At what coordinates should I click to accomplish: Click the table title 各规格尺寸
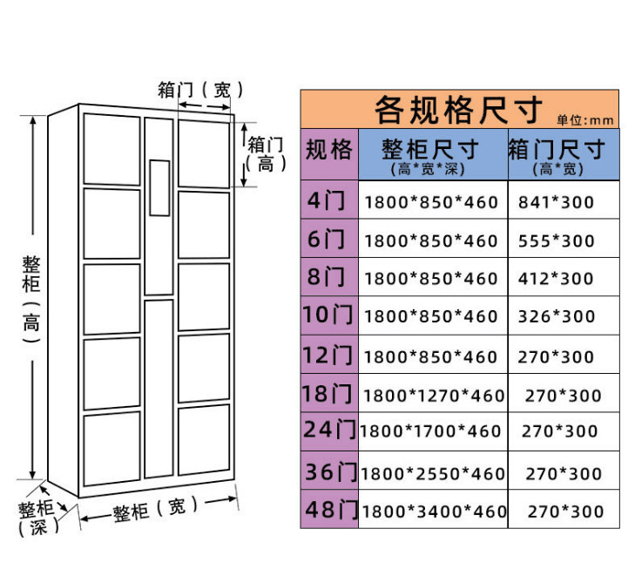[458, 110]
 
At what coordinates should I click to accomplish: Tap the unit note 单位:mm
[585, 120]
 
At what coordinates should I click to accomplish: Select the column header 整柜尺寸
[430, 150]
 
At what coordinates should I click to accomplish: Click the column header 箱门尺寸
[557, 150]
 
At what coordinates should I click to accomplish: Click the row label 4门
[327, 200]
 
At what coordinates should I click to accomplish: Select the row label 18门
[328, 394]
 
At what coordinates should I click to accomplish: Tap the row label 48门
[331, 510]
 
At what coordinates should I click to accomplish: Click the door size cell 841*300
[556, 202]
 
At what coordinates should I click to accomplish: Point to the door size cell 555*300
[556, 241]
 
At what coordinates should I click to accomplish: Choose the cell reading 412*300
[556, 279]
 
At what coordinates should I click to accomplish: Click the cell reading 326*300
[557, 316]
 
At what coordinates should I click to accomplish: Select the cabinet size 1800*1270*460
[434, 396]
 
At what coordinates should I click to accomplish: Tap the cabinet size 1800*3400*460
[434, 512]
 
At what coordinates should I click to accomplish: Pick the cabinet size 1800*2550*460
[433, 473]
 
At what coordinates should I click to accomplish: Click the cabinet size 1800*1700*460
[430, 431]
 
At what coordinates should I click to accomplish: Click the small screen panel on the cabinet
[159, 188]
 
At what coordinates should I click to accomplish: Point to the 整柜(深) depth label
[37, 519]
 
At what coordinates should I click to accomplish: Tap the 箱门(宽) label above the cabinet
[201, 90]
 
